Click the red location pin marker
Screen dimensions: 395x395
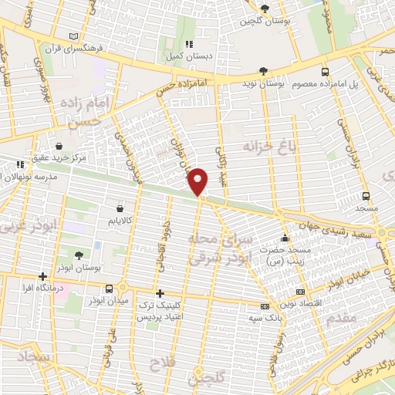point(198,181)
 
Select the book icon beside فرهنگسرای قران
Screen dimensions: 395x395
point(74,36)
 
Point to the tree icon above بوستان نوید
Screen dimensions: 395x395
point(265,69)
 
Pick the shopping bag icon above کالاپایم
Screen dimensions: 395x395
point(119,208)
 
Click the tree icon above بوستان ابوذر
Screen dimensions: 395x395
point(79,255)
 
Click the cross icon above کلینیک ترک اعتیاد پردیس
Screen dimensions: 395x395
point(160,293)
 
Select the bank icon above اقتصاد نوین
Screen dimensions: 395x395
point(300,292)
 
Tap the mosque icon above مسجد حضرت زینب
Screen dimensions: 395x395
point(285,238)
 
